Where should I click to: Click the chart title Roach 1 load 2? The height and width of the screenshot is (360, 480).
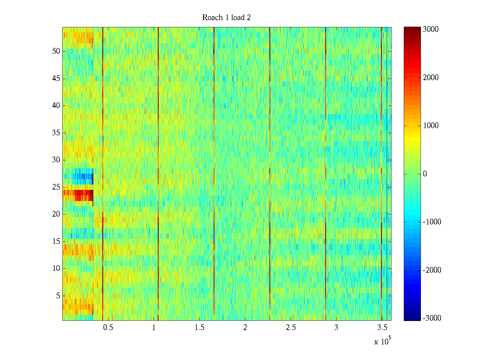[226, 18]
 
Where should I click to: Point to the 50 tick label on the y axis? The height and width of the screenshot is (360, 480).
[56, 51]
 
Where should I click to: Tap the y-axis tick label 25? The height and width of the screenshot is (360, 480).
[56, 187]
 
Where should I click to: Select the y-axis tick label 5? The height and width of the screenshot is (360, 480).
[58, 296]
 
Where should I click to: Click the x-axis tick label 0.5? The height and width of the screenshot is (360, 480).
[108, 328]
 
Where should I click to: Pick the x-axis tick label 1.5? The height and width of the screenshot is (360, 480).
[199, 328]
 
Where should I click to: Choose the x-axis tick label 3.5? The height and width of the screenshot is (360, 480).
[382, 328]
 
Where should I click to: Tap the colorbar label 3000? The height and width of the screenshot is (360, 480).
[430, 29]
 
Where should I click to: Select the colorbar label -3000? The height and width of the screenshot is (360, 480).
[432, 318]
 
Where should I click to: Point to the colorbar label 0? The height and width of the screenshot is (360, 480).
[424, 174]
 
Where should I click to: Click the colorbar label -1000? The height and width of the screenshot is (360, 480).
[432, 222]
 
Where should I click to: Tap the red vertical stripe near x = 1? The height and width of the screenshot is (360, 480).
[158, 150]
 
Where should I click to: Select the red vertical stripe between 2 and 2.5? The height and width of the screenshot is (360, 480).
[270, 150]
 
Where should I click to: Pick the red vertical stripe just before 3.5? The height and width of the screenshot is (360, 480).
[381, 150]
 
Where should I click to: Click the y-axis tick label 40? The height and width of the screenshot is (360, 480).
[56, 106]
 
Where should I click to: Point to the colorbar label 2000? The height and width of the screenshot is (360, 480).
[430, 78]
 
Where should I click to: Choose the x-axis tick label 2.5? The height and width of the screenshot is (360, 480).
[290, 328]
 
